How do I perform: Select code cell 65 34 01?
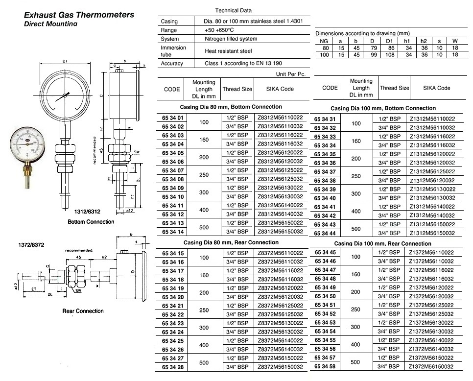[171, 118]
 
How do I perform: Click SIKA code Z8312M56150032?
[280, 231]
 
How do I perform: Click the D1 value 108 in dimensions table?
[390, 54]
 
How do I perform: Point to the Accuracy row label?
[171, 63]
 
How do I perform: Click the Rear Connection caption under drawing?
[83, 311]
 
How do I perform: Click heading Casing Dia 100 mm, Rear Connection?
[382, 243]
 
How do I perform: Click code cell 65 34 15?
[171, 253]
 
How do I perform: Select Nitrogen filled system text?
[231, 39]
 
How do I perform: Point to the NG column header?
[323, 41]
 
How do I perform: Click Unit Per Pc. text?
[291, 73]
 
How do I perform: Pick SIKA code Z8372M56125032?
[280, 314]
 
